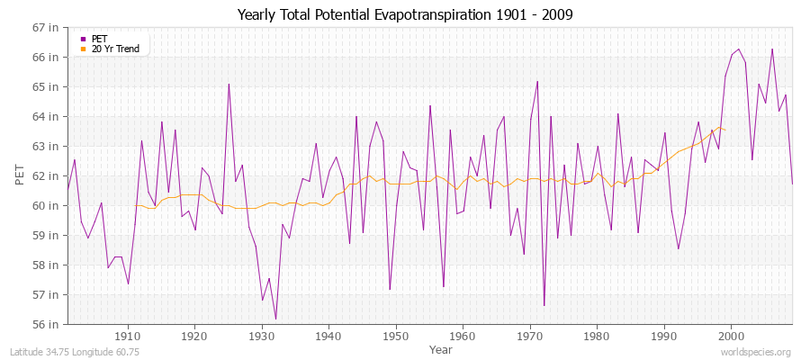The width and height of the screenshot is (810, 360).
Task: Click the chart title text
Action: point(404,14)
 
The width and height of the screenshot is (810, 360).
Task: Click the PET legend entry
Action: point(99,39)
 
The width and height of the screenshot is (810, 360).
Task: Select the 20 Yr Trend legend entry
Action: point(115,49)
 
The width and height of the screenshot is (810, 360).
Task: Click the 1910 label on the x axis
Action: point(128,337)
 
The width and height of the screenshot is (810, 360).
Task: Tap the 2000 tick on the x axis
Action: point(731,337)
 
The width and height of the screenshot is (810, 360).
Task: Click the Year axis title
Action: point(441,349)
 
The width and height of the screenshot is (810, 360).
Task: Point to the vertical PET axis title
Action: point(20,175)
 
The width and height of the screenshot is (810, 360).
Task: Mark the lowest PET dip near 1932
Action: point(275,319)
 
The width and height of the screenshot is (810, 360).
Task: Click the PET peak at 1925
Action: point(229,85)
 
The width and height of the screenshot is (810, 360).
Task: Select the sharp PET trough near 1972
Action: point(544,305)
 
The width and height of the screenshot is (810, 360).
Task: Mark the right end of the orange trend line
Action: point(724,130)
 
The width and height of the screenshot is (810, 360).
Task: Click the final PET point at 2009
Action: point(792,184)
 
